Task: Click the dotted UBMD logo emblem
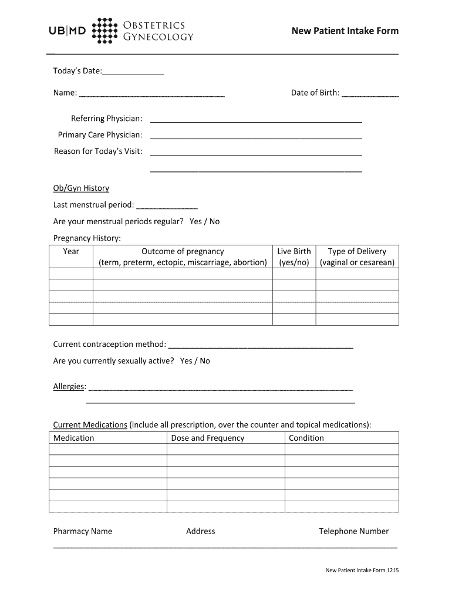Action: (104, 31)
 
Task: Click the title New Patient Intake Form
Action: (345, 31)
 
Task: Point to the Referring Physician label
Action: (106, 119)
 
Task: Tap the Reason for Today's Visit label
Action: (98, 151)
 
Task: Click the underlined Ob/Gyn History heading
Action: (81, 188)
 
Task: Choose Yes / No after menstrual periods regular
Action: (204, 221)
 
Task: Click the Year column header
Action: (71, 251)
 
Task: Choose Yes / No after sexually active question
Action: (195, 361)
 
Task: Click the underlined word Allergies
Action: (69, 387)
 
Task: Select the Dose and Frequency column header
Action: (208, 438)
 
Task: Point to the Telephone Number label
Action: (353, 531)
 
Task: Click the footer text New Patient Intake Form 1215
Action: (362, 570)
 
